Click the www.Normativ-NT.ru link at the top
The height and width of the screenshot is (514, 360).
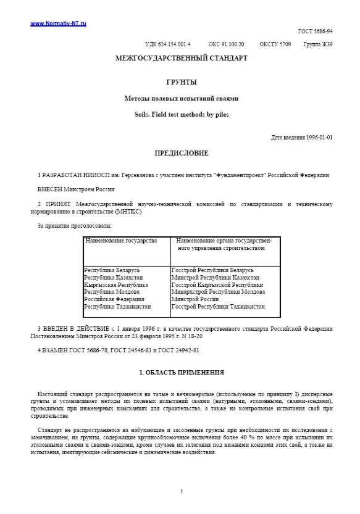(58, 23)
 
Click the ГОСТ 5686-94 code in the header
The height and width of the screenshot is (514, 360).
(316, 31)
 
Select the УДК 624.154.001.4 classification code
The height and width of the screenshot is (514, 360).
(167, 44)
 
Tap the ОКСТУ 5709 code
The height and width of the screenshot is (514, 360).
(275, 44)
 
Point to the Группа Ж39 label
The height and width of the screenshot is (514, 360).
(318, 44)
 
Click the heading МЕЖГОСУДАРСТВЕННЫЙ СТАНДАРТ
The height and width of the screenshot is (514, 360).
(182, 59)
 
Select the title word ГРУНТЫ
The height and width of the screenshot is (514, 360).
(182, 82)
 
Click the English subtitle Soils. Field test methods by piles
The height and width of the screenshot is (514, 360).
(182, 114)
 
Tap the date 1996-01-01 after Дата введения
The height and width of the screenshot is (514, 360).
(319, 138)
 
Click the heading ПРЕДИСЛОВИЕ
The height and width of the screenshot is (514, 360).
(182, 153)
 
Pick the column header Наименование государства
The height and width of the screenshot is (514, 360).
(121, 240)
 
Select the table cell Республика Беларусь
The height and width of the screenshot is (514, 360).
(112, 270)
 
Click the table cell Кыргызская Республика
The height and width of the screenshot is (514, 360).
(116, 285)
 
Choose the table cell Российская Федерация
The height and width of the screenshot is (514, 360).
(114, 299)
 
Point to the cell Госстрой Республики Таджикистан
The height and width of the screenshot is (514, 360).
(218, 306)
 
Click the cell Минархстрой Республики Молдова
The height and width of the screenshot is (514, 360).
(218, 292)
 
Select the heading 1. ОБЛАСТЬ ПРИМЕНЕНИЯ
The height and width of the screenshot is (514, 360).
(182, 373)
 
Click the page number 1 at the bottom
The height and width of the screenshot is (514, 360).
(182, 491)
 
